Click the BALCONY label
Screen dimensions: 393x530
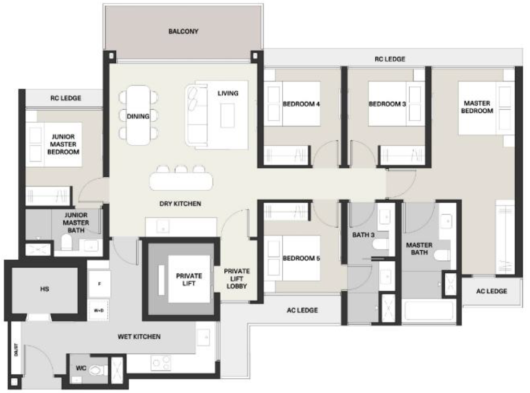coord(183,31)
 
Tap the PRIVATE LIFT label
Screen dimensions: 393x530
coord(189,280)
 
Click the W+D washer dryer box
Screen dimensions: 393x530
coord(99,309)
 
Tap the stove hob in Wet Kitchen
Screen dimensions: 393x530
coord(160,362)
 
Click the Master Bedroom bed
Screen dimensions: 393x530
coord(483,107)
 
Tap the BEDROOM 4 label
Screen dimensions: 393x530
coord(301,104)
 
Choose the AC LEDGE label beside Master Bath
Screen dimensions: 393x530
coord(491,291)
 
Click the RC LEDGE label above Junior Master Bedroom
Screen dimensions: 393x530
coord(65,98)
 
